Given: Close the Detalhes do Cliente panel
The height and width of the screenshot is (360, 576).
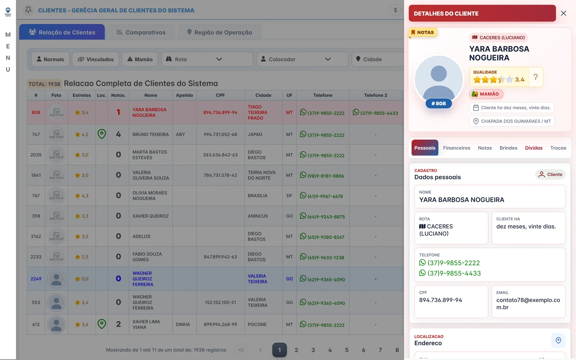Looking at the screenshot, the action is pyautogui.click(x=563, y=13).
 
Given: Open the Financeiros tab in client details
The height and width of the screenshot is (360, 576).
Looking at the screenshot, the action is pyautogui.click(x=456, y=148).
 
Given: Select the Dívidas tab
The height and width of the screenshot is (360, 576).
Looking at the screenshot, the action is pyautogui.click(x=534, y=148).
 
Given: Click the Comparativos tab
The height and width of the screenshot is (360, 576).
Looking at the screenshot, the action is pyautogui.click(x=141, y=32).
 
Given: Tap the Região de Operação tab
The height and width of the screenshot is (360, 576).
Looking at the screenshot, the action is pyautogui.click(x=219, y=32).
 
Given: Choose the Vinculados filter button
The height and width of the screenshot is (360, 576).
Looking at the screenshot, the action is pyautogui.click(x=96, y=59).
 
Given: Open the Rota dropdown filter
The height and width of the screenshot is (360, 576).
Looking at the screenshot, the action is pyautogui.click(x=207, y=59).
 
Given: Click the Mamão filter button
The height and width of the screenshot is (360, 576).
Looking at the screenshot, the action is pyautogui.click(x=140, y=59).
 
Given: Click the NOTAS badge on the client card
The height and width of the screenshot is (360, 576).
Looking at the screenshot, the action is pyautogui.click(x=422, y=32).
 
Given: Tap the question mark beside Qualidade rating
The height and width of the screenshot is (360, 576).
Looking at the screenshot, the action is pyautogui.click(x=536, y=77).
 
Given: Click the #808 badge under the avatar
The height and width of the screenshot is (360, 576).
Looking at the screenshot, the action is pyautogui.click(x=439, y=103).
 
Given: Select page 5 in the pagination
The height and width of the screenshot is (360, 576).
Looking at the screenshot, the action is pyautogui.click(x=347, y=350).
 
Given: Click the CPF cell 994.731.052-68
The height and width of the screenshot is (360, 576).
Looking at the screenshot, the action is pyautogui.click(x=220, y=135).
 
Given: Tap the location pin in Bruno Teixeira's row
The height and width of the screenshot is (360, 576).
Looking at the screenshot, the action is pyautogui.click(x=102, y=134).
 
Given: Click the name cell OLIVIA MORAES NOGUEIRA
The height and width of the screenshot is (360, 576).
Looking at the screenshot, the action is pyautogui.click(x=150, y=196).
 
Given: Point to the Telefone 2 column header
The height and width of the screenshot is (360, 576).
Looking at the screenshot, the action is pyautogui.click(x=375, y=95).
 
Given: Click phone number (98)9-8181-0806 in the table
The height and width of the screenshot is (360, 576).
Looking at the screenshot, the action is pyautogui.click(x=325, y=176).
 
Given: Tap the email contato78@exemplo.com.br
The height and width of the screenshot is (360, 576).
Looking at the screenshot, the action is pyautogui.click(x=528, y=304).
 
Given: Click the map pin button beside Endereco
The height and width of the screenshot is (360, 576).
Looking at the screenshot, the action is pyautogui.click(x=558, y=341).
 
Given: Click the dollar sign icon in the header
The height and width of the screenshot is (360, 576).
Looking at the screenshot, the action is pyautogui.click(x=396, y=10).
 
